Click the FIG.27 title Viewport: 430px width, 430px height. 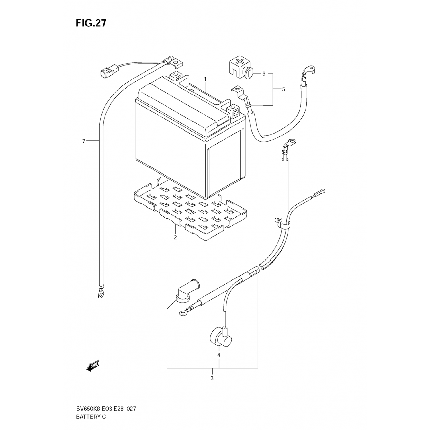tap(91, 23)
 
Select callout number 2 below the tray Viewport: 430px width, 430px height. tap(175, 237)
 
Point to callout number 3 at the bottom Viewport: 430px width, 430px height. tap(212, 378)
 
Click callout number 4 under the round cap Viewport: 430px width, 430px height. tap(219, 355)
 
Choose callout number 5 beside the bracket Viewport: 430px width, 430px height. tap(284, 89)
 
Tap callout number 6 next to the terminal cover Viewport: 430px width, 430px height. tap(264, 74)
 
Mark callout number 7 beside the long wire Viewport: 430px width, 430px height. tap(84, 141)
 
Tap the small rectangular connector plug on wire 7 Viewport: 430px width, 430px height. tap(105, 72)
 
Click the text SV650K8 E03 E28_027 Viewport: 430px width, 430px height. tap(106, 408)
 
